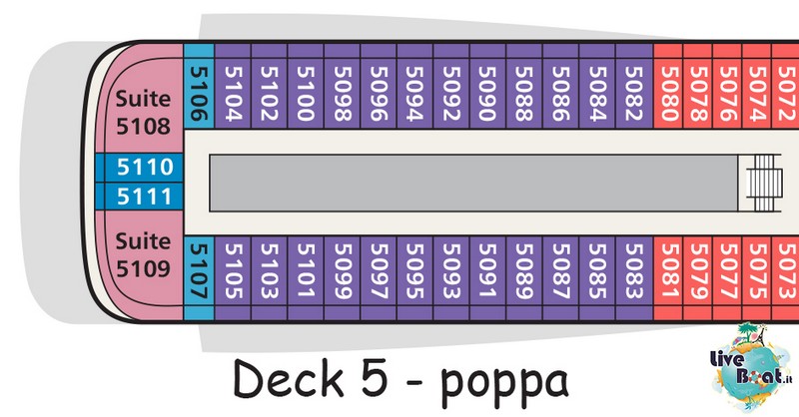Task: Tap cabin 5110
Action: [x=139, y=167]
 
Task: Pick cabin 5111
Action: [x=139, y=196]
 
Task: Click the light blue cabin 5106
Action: [x=199, y=86]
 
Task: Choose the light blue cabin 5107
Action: [x=199, y=278]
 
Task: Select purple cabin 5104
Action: [x=233, y=86]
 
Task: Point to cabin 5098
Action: [x=342, y=86]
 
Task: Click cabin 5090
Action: [x=487, y=86]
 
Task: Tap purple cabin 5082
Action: [x=634, y=86]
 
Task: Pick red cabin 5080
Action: [x=668, y=86]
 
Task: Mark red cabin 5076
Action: [x=727, y=86]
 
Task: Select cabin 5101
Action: [x=306, y=278]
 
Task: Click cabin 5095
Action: [x=414, y=278]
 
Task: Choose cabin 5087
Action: [x=560, y=278]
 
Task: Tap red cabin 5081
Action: [x=668, y=278]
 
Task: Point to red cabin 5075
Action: [x=757, y=278]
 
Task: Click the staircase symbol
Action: [x=764, y=183]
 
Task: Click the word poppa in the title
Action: [x=504, y=382]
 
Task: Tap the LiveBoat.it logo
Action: [x=751, y=367]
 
